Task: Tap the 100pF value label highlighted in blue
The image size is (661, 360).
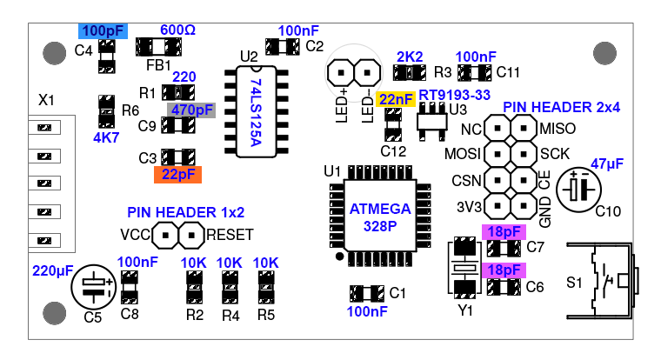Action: coord(103,30)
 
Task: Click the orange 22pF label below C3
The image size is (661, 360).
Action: coord(177,174)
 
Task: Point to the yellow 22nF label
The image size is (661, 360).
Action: coord(396,99)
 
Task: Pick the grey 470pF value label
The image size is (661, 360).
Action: coord(191,110)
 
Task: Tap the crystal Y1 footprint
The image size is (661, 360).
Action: coord(465,268)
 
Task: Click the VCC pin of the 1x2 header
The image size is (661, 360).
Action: coord(164,235)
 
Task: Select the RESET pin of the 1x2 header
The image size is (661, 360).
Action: coord(189,235)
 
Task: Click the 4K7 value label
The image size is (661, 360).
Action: coord(106,137)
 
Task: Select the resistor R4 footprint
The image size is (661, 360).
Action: coord(230,283)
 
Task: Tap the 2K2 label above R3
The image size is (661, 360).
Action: coord(409,56)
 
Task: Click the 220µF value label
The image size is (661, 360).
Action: coord(51,270)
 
